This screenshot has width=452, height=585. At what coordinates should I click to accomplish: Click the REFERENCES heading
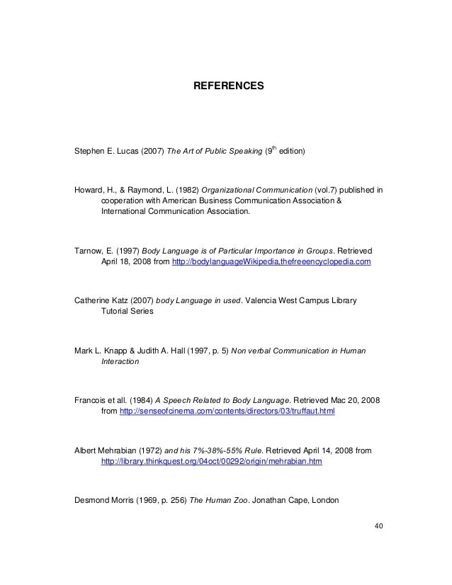(228, 86)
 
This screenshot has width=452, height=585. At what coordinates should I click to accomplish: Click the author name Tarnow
(89, 251)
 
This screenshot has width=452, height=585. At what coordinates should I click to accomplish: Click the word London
(324, 500)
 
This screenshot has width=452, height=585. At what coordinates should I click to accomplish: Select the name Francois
(91, 399)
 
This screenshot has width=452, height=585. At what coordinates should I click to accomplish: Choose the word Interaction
(121, 361)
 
